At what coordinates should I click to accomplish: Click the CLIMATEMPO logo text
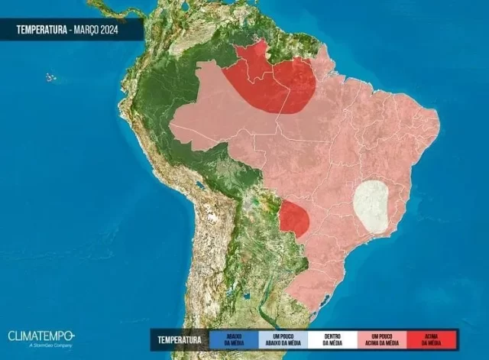point(40,336)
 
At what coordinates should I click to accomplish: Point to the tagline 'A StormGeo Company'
point(30,345)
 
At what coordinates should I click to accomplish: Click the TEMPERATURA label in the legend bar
point(180,339)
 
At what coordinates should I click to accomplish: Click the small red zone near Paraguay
point(295,219)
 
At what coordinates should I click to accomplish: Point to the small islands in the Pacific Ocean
point(50,76)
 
